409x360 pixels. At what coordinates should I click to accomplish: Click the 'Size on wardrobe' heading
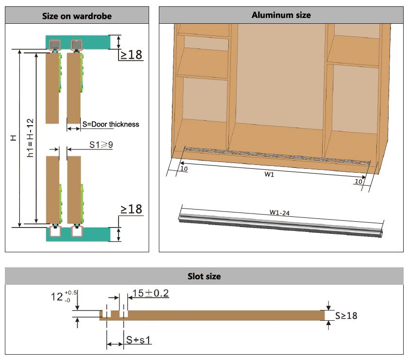[77, 16]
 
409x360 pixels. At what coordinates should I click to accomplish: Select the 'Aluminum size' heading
[281, 15]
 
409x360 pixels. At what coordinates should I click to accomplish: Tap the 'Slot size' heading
[204, 276]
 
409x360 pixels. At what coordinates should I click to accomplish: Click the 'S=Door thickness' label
[111, 124]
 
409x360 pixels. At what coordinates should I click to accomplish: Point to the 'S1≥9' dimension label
[101, 145]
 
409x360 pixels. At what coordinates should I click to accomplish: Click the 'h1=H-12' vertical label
[30, 138]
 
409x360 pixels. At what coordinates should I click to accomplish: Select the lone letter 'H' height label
[13, 138]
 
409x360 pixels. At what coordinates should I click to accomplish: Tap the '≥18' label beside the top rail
[131, 55]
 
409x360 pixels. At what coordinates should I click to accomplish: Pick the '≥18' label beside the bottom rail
[132, 209]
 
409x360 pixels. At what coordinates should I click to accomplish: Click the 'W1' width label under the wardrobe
[269, 174]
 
